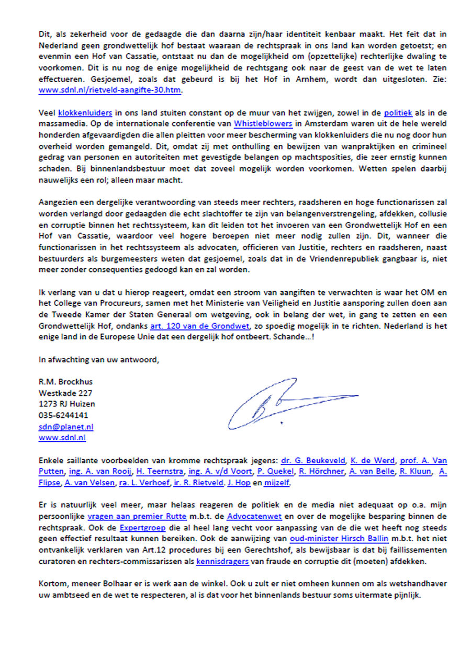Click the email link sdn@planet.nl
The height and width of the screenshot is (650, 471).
(63, 427)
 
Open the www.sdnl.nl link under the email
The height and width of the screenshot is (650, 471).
(62, 438)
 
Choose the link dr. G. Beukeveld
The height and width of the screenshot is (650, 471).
(313, 461)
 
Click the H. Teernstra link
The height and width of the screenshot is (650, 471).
(159, 472)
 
